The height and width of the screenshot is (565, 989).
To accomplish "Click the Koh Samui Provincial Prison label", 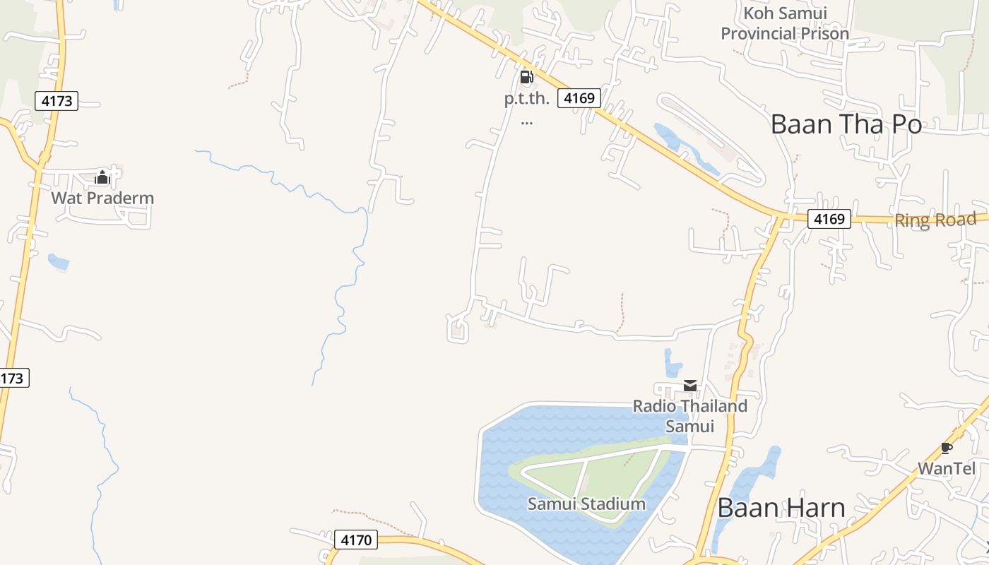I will pos(785,23).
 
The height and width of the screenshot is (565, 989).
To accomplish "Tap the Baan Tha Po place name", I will pos(846,124).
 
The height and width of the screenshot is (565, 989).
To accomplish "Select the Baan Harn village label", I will pos(781,508).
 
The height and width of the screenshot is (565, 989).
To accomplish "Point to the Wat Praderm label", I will pos(102,198).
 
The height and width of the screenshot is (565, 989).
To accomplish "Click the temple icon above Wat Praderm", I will pos(102,177).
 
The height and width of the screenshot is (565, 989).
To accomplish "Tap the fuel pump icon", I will pos(526,77).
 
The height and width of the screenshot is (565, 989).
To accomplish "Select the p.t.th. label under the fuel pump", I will pos(526,99).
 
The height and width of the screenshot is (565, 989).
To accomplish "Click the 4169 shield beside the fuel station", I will pos(579,98).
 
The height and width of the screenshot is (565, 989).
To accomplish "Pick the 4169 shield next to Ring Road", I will pos(829,219).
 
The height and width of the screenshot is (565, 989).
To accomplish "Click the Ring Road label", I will pos(935,220).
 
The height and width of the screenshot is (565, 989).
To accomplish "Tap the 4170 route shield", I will pos(356,540).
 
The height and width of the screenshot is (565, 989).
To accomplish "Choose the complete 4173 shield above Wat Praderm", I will pos(57,101).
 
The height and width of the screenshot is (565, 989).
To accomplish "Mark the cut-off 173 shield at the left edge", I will pos(13,378).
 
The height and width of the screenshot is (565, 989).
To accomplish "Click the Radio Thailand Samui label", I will pos(689,416).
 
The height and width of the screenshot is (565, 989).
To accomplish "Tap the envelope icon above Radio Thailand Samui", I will pos(690,386).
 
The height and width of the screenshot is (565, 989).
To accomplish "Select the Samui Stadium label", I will pos(586,504).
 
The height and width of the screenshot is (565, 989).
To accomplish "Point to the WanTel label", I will pos(946,468).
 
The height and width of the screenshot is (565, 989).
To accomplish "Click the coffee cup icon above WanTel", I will pos(947,448).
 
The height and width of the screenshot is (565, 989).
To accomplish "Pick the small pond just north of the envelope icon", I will pos(673,363).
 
